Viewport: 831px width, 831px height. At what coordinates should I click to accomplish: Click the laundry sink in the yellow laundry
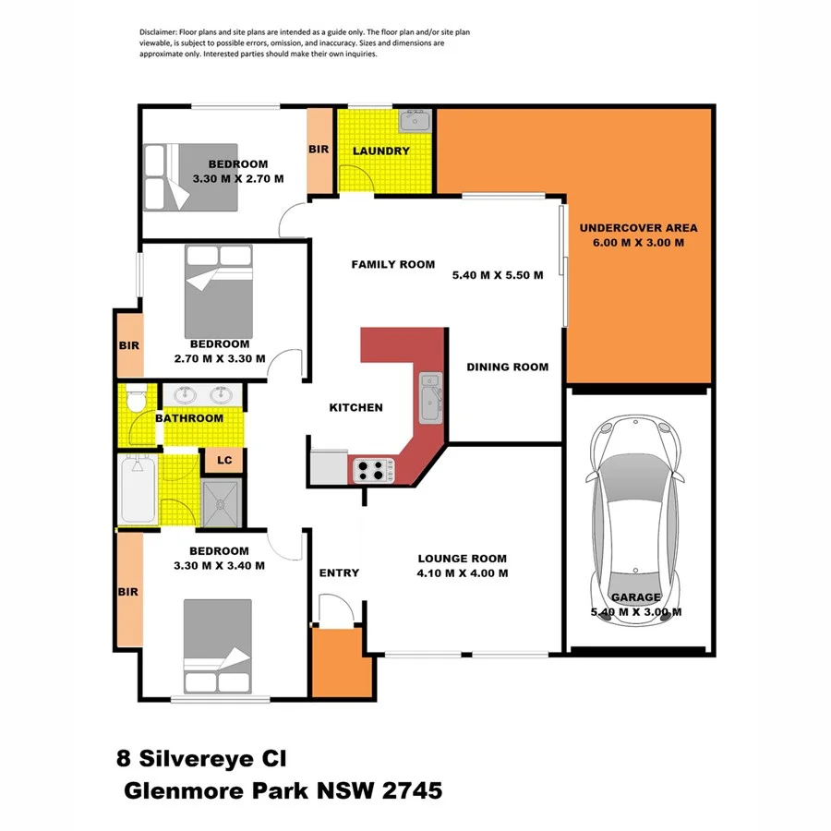(414, 119)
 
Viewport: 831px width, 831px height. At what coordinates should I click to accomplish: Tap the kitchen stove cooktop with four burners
(373, 469)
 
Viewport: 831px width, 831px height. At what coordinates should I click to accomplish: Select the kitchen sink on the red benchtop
(431, 395)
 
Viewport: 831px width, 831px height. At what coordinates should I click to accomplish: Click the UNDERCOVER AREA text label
(638, 227)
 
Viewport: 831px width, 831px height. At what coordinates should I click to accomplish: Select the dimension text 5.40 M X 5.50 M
(497, 275)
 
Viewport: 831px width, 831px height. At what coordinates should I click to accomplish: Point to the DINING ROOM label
(507, 367)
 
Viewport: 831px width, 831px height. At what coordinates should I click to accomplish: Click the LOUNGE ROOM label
(462, 558)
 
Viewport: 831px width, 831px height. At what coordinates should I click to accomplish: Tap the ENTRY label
(339, 573)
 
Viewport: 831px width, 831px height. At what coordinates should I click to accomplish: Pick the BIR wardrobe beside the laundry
(319, 150)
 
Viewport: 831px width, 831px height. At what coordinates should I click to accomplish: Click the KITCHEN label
(355, 407)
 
